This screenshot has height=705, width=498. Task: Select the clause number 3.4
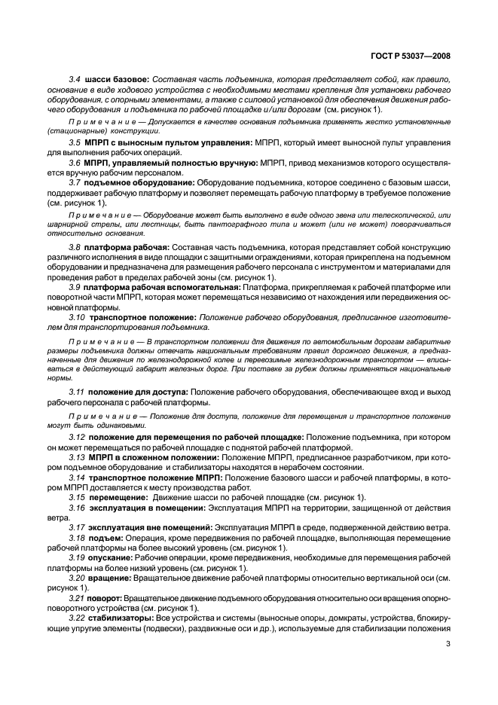(75, 79)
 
